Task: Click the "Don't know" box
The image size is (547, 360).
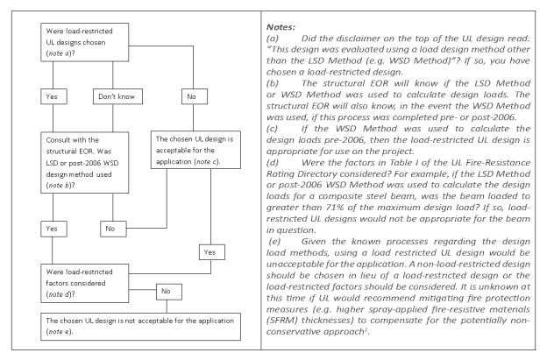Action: [117, 96]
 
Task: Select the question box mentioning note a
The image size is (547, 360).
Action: [85, 42]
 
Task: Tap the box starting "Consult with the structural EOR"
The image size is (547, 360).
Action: [85, 162]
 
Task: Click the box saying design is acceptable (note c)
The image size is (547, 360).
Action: [195, 150]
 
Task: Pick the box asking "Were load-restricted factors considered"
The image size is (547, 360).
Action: [85, 283]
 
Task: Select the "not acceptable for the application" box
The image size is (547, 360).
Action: [140, 327]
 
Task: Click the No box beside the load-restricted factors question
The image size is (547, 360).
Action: [169, 292]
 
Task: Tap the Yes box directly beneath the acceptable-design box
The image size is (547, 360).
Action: [212, 252]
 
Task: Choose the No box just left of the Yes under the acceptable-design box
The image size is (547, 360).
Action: [113, 229]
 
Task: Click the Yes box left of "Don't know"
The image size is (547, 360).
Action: [53, 96]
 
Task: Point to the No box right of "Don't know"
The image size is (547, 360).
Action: [195, 96]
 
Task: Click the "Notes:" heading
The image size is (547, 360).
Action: [281, 27]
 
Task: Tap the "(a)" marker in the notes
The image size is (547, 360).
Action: [273, 39]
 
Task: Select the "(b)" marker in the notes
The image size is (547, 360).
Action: [273, 83]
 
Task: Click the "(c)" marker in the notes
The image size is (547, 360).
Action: [272, 129]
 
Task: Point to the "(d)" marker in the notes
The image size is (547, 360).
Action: [273, 162]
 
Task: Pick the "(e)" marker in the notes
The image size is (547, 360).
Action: [274, 241]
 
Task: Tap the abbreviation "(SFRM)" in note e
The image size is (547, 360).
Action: [282, 321]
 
